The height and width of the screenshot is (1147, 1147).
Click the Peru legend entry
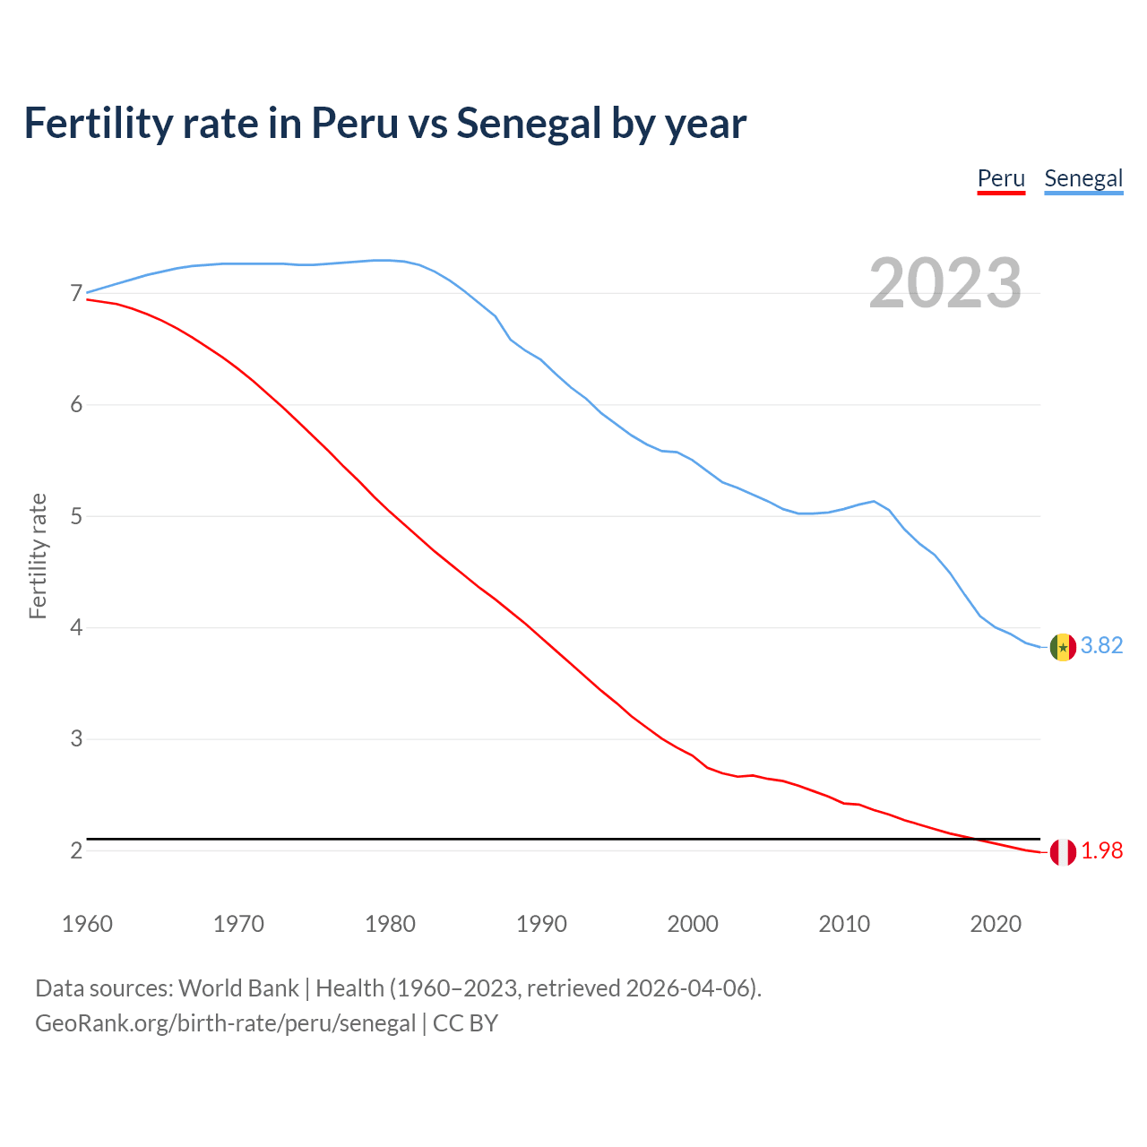tap(1001, 178)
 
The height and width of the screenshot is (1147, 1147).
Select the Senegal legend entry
tap(1083, 178)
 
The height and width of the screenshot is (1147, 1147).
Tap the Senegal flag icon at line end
tap(1063, 647)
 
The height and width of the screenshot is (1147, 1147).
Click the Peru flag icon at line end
tap(1063, 852)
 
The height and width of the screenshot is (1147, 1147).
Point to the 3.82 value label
tap(1101, 646)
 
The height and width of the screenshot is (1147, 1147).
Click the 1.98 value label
tap(1101, 851)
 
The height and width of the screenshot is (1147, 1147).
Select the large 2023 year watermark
tap(945, 283)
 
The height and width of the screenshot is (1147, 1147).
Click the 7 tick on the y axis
tap(76, 293)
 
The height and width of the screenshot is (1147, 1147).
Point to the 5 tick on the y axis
tap(76, 516)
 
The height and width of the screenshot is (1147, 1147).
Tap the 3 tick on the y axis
tap(76, 739)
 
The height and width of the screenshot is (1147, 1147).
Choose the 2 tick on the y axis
tap(76, 850)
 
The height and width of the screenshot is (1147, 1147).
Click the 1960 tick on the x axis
tap(87, 924)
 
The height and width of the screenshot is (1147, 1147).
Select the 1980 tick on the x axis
tap(390, 924)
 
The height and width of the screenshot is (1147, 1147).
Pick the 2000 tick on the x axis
tap(693, 924)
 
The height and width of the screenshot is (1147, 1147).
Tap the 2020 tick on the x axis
tap(996, 924)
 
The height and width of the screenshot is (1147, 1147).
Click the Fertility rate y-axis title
tap(38, 556)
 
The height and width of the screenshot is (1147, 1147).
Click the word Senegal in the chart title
tap(529, 123)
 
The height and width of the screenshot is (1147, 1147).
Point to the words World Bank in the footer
tap(238, 988)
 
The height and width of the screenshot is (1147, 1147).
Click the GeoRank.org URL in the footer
tap(225, 1023)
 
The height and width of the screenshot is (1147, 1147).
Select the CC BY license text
tap(465, 1023)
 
